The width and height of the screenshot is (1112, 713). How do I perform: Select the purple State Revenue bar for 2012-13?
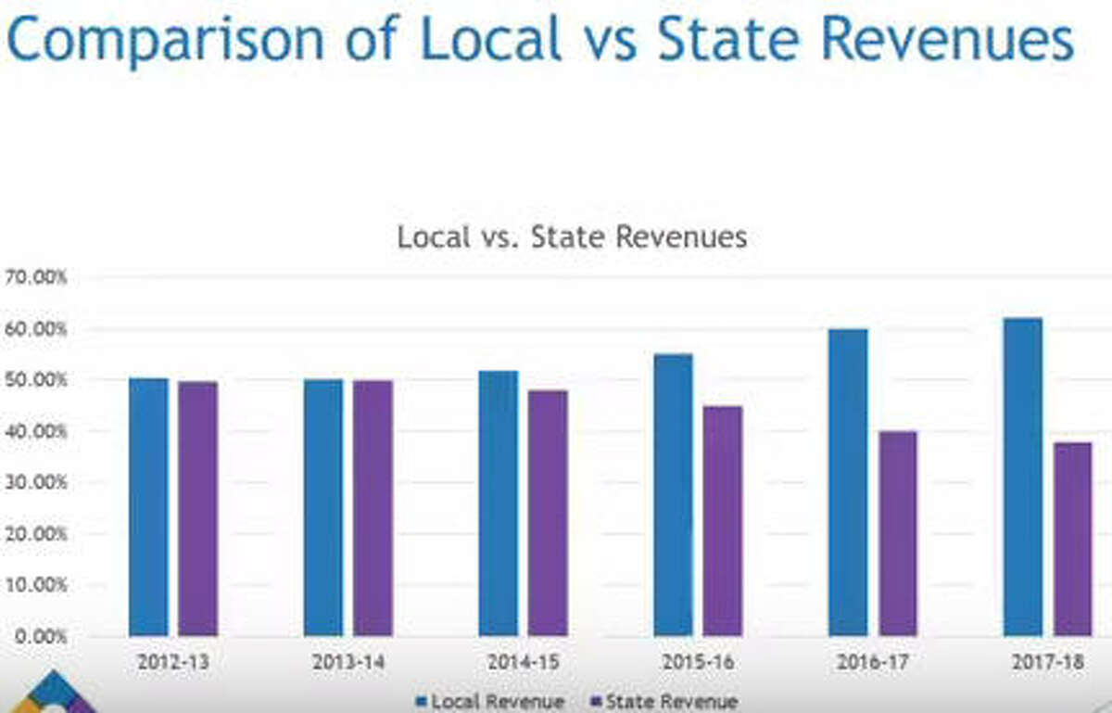click(x=197, y=509)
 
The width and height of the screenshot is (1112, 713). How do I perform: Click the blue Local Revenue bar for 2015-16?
click(x=673, y=495)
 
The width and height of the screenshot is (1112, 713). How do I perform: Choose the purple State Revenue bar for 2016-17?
click(x=897, y=533)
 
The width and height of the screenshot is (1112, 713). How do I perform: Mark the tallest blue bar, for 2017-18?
click(x=1022, y=477)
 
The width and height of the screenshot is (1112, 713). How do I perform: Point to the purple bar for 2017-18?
click(x=1072, y=539)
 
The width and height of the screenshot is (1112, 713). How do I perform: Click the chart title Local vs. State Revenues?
click(x=572, y=237)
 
